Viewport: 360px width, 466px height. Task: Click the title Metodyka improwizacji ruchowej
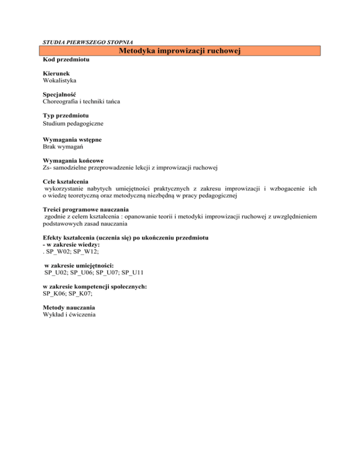(180, 51)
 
